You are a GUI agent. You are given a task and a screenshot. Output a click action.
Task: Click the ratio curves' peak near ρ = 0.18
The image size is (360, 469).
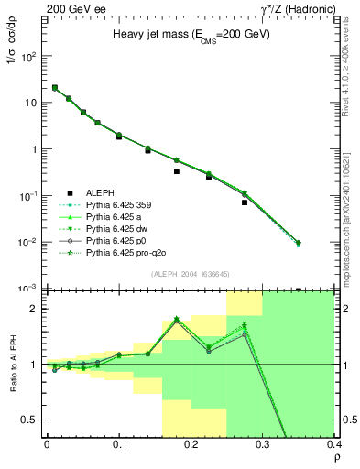pyautogui.click(x=176, y=319)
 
